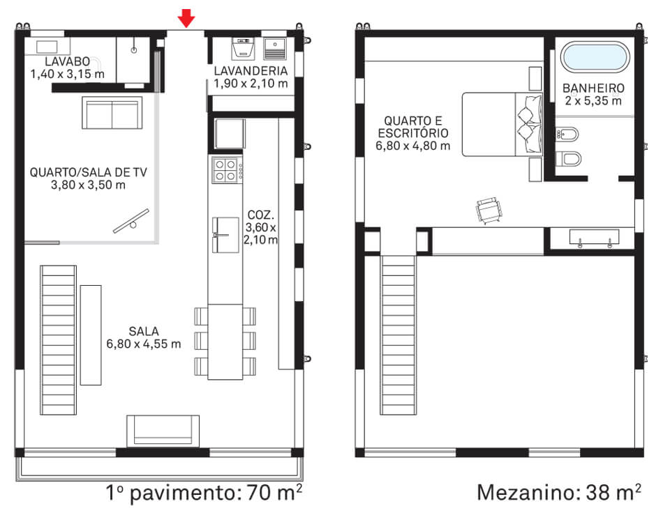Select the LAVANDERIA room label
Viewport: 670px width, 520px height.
click(x=250, y=71)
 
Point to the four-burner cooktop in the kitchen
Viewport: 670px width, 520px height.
click(x=225, y=169)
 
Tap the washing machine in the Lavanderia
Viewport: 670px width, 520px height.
click(x=242, y=47)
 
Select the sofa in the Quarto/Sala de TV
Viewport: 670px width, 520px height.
click(x=112, y=113)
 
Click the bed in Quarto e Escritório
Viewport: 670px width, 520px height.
click(x=502, y=125)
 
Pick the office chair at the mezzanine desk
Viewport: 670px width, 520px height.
click(x=488, y=210)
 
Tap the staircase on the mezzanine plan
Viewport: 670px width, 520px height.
click(x=398, y=335)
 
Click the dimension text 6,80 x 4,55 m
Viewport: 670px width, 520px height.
click(x=144, y=344)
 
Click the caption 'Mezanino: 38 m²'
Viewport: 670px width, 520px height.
click(x=559, y=493)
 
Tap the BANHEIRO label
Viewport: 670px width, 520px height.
click(x=593, y=89)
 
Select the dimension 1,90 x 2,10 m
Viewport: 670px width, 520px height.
click(x=250, y=84)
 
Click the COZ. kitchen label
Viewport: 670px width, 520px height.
click(x=261, y=214)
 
